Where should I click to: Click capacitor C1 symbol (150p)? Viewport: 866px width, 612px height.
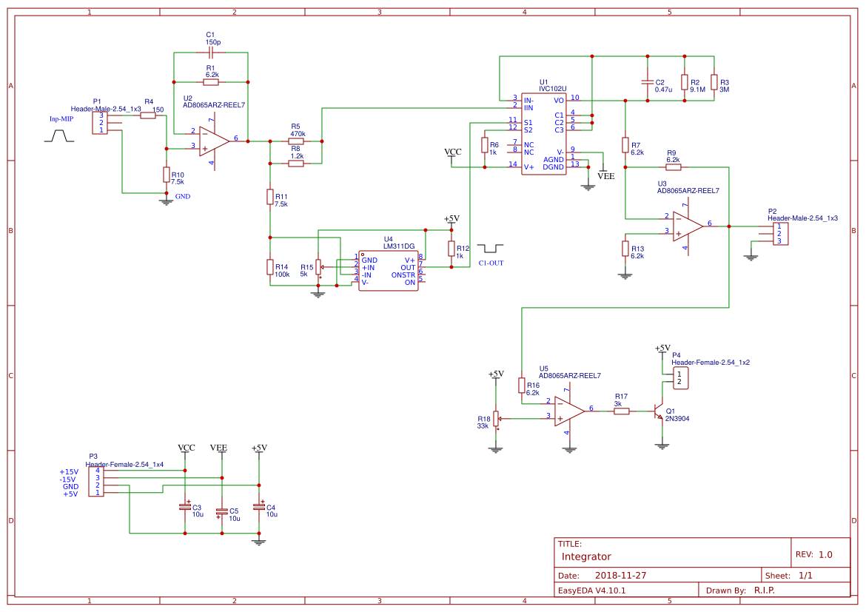coord(211,53)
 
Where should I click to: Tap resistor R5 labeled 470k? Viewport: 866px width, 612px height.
coord(295,141)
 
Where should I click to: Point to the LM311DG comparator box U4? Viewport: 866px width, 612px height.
coord(388,271)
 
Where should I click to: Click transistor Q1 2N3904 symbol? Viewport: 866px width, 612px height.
coord(657,412)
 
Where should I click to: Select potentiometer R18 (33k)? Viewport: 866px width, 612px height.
coord(497,420)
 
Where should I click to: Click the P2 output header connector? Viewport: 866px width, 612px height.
coord(779,233)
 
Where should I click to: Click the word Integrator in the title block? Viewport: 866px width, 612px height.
coord(586,556)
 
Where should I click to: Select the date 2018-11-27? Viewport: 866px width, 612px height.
coord(621,575)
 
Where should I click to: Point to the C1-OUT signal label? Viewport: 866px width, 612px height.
coord(491,263)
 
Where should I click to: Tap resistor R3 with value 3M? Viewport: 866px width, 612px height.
coord(714,81)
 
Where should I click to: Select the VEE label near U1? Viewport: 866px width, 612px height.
coord(605,176)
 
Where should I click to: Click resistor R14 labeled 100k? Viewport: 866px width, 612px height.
coord(270,266)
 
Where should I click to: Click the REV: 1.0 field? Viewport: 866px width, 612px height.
coord(814,554)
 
